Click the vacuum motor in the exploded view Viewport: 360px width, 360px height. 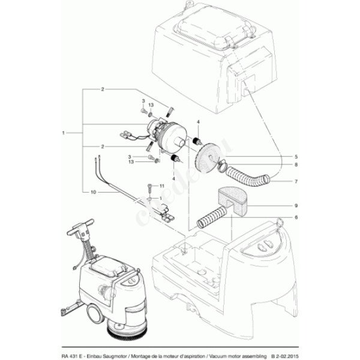pos(163,133)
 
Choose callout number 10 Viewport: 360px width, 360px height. pos(93,192)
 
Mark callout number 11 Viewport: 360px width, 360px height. pos(161,187)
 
